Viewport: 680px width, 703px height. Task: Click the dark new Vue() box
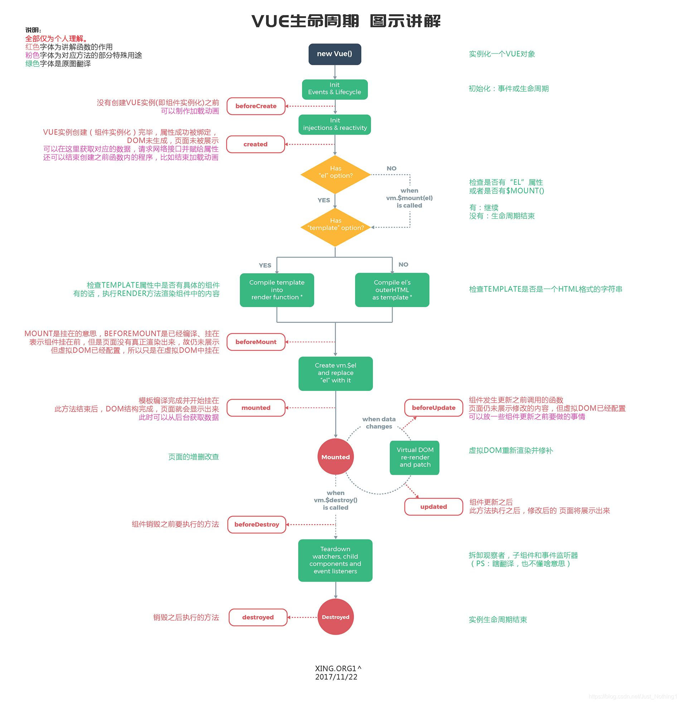coord(335,54)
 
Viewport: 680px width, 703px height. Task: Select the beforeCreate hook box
coord(256,106)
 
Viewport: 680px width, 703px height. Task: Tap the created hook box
coord(256,144)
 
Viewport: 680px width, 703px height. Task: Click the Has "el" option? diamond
coord(335,175)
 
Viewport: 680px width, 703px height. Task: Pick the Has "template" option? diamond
coord(335,227)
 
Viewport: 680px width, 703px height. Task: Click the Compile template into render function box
coord(277,290)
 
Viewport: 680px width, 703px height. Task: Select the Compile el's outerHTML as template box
coord(392,290)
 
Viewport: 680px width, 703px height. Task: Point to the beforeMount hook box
coord(256,342)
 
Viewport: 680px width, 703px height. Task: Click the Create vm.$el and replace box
coord(335,373)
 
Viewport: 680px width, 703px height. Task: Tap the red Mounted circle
coord(335,457)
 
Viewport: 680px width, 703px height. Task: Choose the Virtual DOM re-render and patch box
coord(414,457)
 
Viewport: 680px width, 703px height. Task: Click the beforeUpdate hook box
coord(433,408)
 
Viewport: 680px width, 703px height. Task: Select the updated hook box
coord(433,507)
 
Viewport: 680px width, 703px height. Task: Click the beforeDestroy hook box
coord(257,524)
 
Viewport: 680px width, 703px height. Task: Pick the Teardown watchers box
coord(335,560)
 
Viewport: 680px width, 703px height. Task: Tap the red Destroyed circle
coord(335,617)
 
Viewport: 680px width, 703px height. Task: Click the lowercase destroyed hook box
coord(258,617)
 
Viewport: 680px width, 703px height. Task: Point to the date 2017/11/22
coord(336,677)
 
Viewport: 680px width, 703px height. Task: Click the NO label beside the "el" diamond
coord(391,168)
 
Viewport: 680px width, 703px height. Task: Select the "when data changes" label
coord(379,423)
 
